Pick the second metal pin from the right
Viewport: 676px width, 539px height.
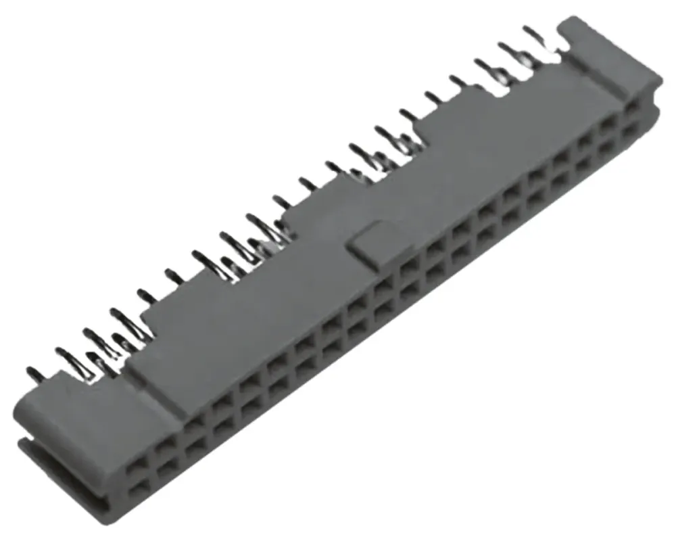(504, 47)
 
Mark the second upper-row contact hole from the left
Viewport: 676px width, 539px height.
(164, 447)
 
